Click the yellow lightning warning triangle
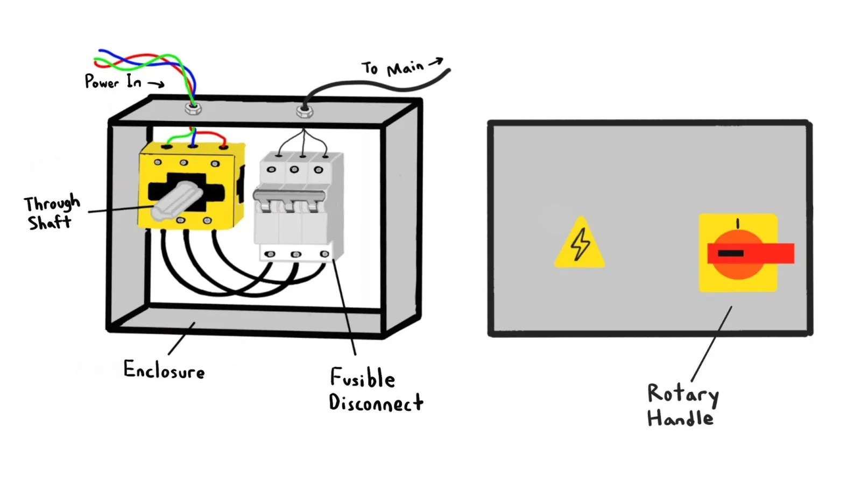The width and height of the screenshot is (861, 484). [x=580, y=245]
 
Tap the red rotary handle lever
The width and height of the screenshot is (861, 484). [x=751, y=253]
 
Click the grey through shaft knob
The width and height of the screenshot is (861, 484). [x=177, y=201]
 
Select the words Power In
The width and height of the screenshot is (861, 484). [x=113, y=81]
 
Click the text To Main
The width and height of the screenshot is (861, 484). [x=392, y=68]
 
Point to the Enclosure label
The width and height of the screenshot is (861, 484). [x=164, y=370]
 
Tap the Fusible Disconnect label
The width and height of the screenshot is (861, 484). [x=376, y=389]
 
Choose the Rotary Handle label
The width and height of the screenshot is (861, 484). [x=683, y=405]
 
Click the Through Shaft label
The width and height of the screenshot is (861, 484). [x=52, y=212]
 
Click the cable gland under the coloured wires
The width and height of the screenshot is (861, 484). [x=193, y=108]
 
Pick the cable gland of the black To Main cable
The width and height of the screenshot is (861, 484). [x=305, y=111]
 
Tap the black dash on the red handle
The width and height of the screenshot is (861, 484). [x=731, y=253]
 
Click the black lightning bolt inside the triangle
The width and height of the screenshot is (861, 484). [x=580, y=244]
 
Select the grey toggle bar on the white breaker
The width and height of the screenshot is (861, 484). [x=289, y=195]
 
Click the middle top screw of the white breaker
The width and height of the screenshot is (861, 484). [x=294, y=169]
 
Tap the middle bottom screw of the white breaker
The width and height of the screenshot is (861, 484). [x=295, y=254]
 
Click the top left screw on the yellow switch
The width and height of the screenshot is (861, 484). [x=158, y=162]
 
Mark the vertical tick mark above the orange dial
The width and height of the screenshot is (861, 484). [x=738, y=224]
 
